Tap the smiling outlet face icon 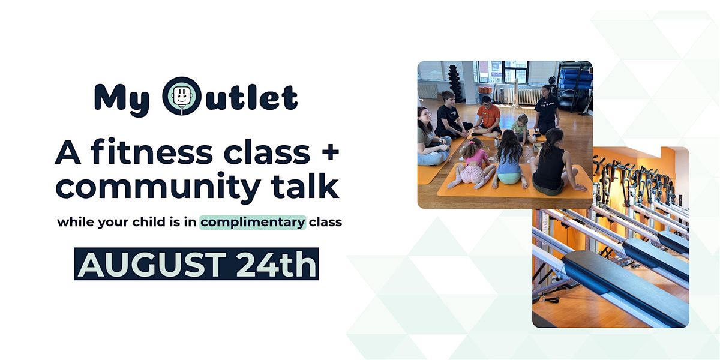[182, 96]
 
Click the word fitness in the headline [152, 152]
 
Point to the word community [158, 187]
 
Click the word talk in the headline [305, 185]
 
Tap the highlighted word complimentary [253, 223]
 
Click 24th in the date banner [277, 264]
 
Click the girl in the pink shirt [472, 167]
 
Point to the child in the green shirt [521, 128]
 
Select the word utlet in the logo [251, 97]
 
